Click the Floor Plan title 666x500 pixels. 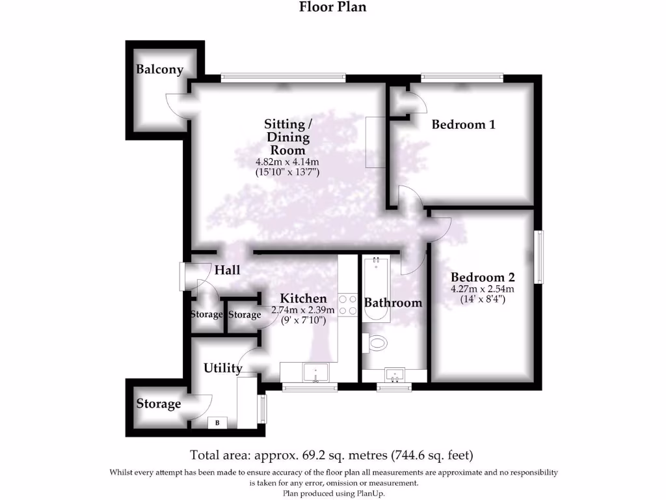[x=332, y=7]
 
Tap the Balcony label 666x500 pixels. [x=159, y=70]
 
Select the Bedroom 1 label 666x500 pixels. [x=463, y=124]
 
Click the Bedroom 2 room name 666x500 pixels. [x=483, y=277]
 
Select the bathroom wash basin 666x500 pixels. [x=394, y=375]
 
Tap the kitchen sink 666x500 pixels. [x=315, y=373]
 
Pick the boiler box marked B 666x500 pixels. [x=217, y=423]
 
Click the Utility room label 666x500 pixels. [x=223, y=368]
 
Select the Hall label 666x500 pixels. [x=228, y=270]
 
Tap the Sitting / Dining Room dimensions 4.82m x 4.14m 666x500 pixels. [x=287, y=162]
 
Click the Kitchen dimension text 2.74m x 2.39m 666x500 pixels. [x=303, y=310]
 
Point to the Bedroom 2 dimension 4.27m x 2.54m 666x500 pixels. [x=483, y=289]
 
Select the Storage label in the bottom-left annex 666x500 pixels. [x=159, y=404]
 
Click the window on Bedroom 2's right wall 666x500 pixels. [x=539, y=257]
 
